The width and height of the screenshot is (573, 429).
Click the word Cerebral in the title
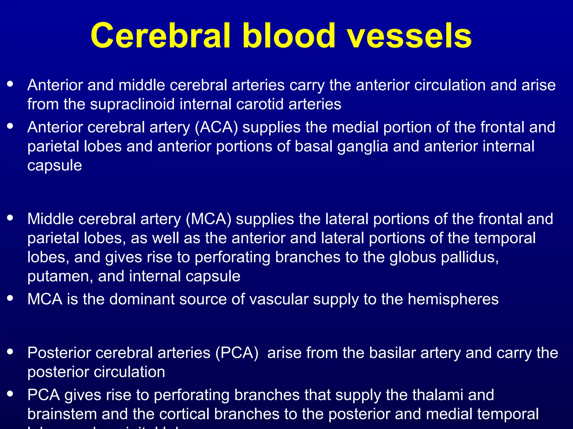pos(161,36)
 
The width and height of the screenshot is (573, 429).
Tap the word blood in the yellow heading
pos(289,36)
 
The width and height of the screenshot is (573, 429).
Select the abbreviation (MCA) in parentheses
pos(208,219)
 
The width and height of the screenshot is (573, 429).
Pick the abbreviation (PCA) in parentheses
pos(237,353)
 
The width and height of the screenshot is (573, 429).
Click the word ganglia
pos(363,147)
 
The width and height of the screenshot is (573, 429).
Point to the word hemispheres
pos(453,299)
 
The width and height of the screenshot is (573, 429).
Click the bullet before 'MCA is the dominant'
pos(10,298)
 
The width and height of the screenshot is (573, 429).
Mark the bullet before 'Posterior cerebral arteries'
pos(10,352)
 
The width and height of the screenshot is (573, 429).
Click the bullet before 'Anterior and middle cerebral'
pos(10,84)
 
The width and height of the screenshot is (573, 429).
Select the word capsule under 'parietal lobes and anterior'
pos(55,166)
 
